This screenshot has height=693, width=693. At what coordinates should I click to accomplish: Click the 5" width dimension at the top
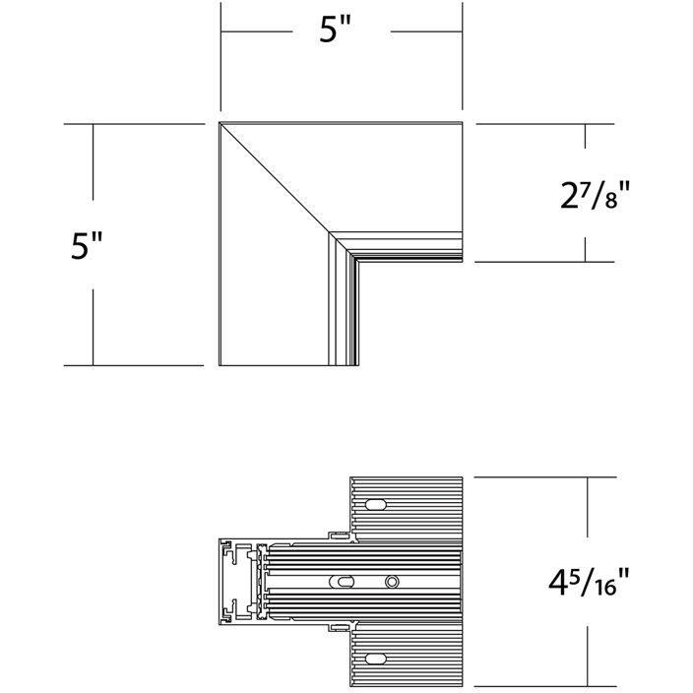click(338, 31)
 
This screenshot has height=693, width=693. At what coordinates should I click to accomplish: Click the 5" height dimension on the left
click(88, 245)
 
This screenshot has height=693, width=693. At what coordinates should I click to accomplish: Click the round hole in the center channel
click(392, 581)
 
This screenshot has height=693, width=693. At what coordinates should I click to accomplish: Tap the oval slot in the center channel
click(342, 581)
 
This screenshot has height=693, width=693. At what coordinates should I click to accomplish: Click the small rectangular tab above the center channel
click(339, 536)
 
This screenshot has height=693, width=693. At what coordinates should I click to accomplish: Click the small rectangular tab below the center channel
click(339, 624)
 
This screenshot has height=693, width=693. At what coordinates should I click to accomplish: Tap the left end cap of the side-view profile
click(234, 581)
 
